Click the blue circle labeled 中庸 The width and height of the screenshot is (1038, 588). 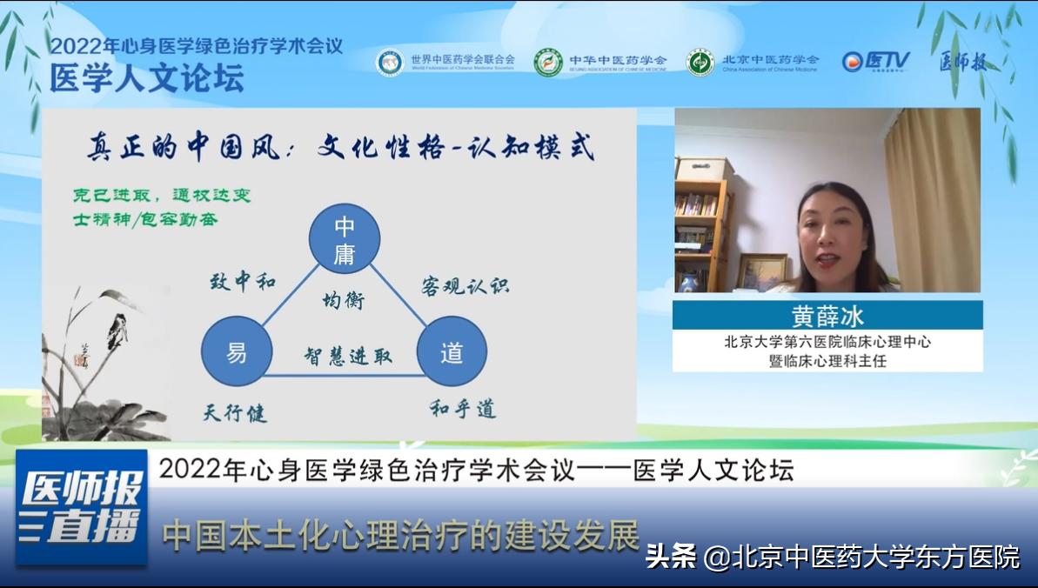345,239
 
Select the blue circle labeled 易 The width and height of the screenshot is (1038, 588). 237,352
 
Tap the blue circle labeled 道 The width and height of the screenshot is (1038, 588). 452,352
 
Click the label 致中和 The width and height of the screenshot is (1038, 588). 243,281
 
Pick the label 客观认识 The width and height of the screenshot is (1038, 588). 465,286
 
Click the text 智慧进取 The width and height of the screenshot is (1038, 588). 347,356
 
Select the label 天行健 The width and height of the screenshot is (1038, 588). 235,412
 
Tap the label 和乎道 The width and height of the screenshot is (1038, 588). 463,409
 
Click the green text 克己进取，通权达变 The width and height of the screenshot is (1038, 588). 162,196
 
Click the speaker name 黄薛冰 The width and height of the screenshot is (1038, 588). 827,315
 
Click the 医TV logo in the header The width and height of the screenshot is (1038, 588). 875,61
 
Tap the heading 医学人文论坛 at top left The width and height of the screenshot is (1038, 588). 146,79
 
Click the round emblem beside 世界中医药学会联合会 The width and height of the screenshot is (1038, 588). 389,62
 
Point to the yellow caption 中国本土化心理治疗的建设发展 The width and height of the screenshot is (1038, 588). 400,535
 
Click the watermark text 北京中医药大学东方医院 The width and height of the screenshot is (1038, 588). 877,557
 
